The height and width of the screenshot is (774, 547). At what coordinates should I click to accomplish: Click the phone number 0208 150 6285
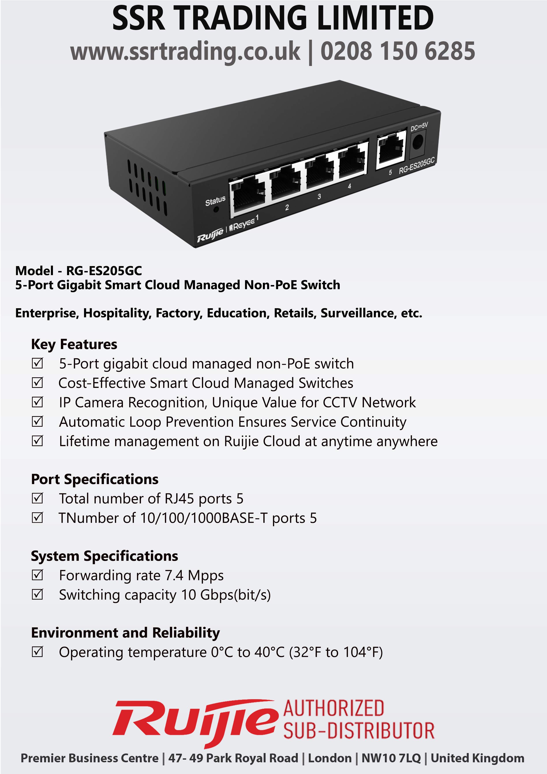click(x=398, y=51)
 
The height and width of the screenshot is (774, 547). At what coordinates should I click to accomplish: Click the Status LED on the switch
click(x=216, y=210)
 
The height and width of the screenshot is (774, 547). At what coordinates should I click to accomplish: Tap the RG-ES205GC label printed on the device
click(x=417, y=165)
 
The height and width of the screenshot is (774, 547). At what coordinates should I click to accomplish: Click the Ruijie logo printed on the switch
click(x=210, y=235)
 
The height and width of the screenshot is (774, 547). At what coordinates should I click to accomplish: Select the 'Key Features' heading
click(x=74, y=344)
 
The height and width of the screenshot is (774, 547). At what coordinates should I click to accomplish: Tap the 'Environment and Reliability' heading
click(x=125, y=633)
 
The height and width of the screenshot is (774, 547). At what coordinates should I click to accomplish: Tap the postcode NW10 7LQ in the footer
click(x=391, y=758)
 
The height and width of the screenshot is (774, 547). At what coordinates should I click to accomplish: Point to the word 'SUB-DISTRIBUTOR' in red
click(x=359, y=731)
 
